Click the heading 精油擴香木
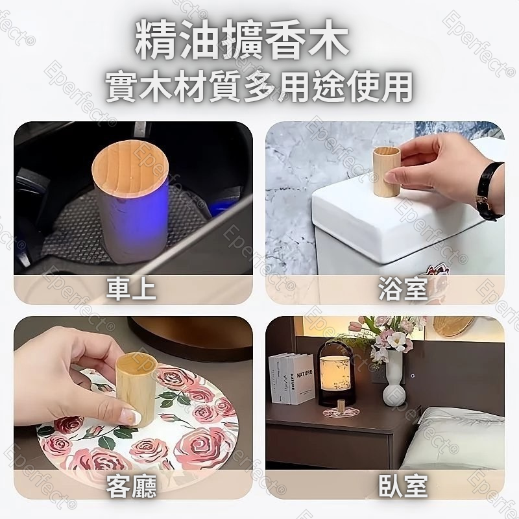(x=242, y=42)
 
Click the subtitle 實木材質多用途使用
(x=259, y=86)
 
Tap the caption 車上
(x=131, y=289)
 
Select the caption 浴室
(x=403, y=289)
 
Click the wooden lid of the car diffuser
(x=130, y=169)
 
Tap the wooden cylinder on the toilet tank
(x=386, y=172)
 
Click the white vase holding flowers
(x=394, y=378)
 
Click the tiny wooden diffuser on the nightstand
(x=340, y=405)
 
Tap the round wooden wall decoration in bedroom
(x=454, y=326)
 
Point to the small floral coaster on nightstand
(x=342, y=412)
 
